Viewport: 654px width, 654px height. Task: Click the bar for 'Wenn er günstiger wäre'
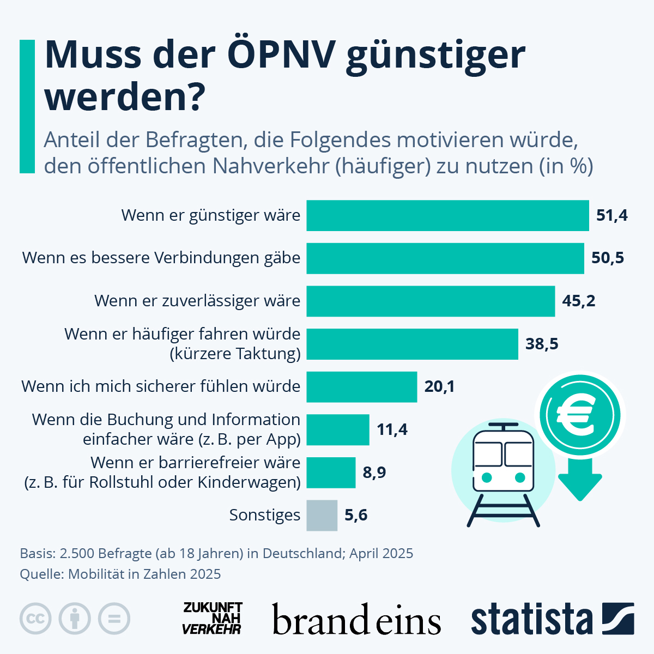[447, 215]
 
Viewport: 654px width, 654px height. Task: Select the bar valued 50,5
[445, 258]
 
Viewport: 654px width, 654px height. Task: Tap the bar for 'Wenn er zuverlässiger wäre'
[431, 301]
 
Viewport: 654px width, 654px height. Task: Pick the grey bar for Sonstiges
[322, 515]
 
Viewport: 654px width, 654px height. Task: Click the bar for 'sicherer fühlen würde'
[361, 386]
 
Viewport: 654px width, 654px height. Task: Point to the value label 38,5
[542, 344]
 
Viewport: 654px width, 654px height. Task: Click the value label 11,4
[392, 429]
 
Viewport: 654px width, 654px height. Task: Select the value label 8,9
[374, 472]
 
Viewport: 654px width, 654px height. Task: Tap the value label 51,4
[611, 215]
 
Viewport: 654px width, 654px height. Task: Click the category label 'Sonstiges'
[264, 515]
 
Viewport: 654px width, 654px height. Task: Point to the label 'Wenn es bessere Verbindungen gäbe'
[161, 258]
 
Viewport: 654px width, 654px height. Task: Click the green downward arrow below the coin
[580, 480]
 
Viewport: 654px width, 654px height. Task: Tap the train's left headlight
[487, 477]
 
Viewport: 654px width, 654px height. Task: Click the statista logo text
[531, 619]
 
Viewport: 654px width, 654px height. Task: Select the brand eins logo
[356, 620]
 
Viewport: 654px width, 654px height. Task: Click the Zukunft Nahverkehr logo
[212, 618]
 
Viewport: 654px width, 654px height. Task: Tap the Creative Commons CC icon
[35, 619]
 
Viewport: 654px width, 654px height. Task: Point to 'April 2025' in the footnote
[381, 553]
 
